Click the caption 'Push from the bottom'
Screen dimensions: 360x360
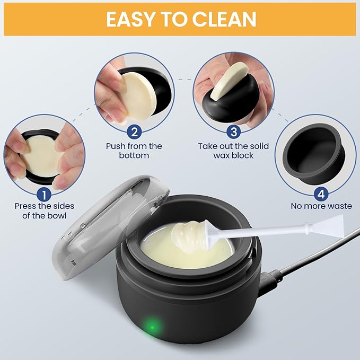click(x=134, y=151)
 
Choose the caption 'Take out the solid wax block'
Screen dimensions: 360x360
click(x=233, y=151)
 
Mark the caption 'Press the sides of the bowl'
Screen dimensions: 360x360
click(x=45, y=210)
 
